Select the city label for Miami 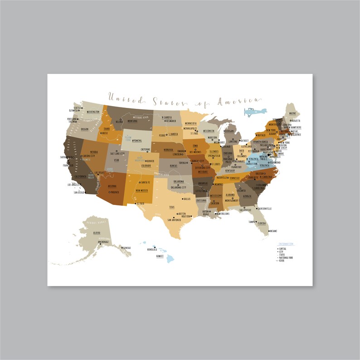pyautogui.click(x=273, y=231)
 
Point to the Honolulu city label pyautogui.click(x=152, y=249)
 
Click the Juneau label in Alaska pyautogui.click(x=126, y=248)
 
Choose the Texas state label pyautogui.click(x=171, y=207)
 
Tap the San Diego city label pyautogui.click(x=79, y=192)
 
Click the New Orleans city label pyautogui.click(x=223, y=213)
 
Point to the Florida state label pyautogui.click(x=262, y=224)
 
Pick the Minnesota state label pyautogui.click(x=193, y=123)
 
